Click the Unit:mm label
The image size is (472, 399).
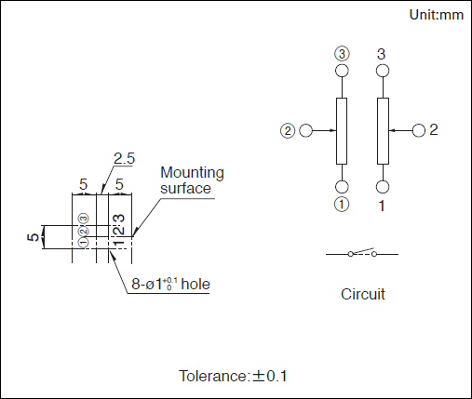437,15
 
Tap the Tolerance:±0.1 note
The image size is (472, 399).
233,376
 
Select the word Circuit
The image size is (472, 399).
363,294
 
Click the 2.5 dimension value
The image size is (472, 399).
124,158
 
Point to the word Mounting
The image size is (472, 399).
192,173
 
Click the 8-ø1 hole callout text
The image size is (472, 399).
170,284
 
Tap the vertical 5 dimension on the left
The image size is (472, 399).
34,237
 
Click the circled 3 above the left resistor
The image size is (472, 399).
342,54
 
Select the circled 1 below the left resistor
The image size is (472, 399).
342,205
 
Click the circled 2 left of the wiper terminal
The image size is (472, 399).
288,131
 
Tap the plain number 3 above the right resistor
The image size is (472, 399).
382,54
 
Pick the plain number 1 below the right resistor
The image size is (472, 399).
382,206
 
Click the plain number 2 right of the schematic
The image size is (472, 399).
434,129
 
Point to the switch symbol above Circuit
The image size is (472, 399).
362,253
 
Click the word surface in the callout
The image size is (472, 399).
185,189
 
